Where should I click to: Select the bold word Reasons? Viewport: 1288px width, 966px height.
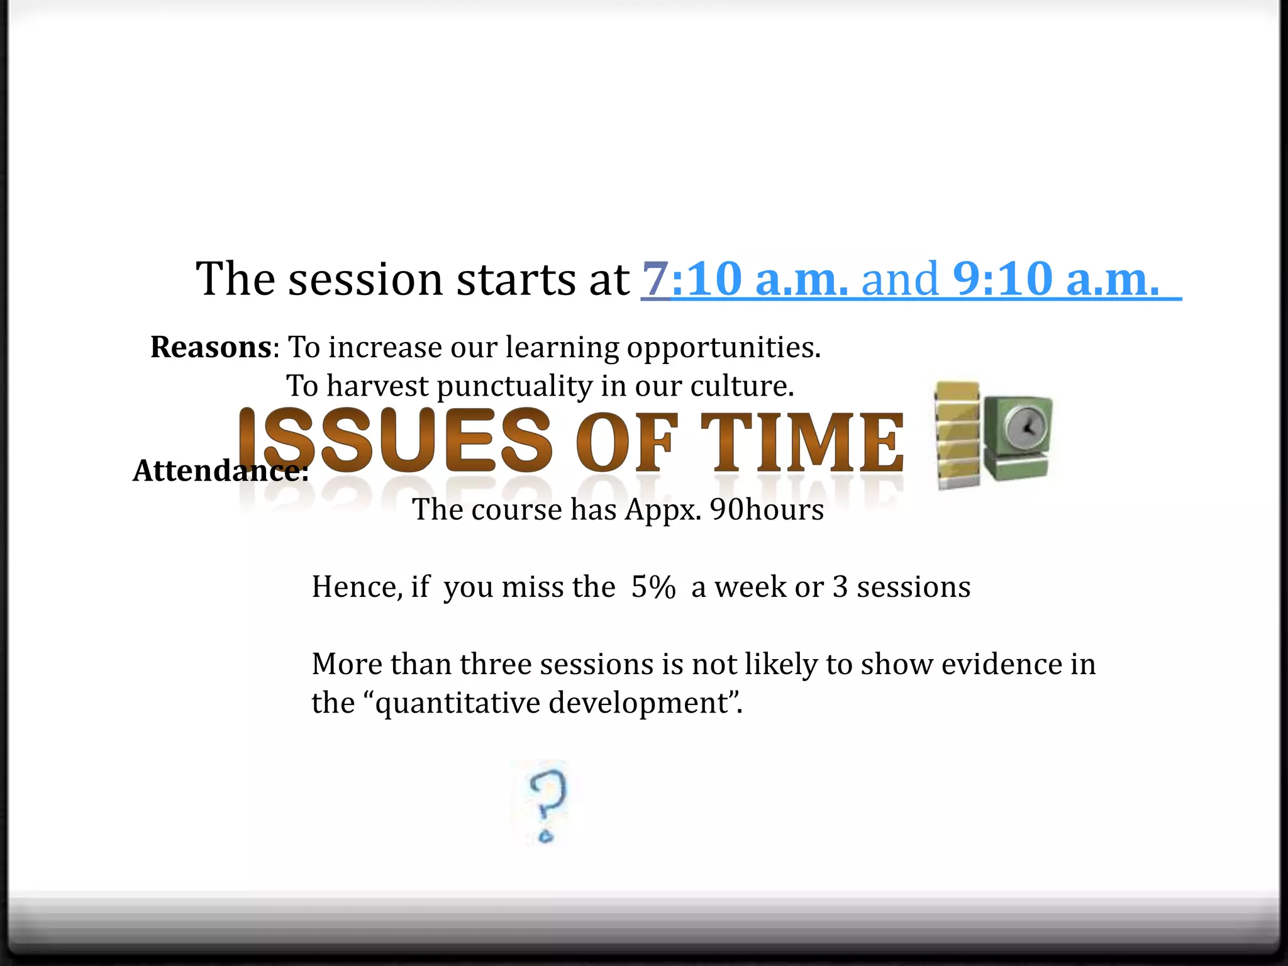pos(211,347)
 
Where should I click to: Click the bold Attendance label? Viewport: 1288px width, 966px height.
pos(220,470)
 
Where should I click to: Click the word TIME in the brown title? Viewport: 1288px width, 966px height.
pos(802,441)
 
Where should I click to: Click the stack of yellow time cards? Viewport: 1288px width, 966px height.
pos(957,434)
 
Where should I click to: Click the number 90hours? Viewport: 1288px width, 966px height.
pos(767,509)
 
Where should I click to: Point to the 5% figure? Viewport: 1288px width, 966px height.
pos(653,587)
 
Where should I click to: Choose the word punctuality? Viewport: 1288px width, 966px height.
pos(514,386)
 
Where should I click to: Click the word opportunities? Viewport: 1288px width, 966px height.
pos(723,348)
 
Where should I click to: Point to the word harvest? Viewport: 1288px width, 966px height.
pos(377,386)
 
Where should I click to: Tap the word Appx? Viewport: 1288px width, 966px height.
pos(663,509)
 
